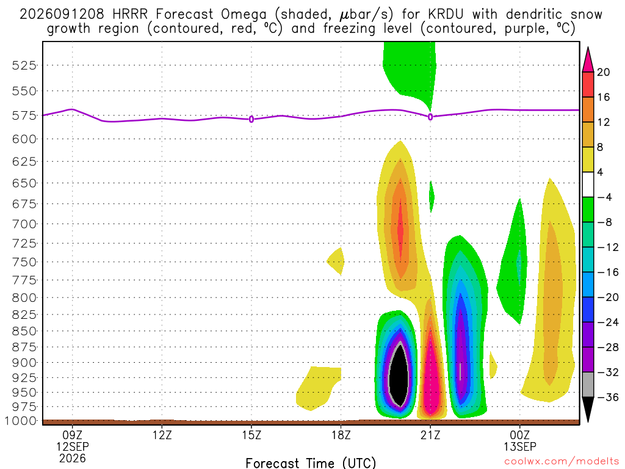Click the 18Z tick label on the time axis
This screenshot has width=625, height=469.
(341, 435)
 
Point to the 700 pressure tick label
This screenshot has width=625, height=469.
(24, 224)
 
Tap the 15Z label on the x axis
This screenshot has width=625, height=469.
(251, 435)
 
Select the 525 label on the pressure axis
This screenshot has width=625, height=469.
(24, 65)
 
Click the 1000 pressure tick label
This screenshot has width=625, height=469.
(21, 421)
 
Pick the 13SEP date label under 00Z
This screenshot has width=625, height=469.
(520, 446)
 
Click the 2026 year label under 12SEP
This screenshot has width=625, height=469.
(73, 459)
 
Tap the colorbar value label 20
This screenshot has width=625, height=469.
(603, 72)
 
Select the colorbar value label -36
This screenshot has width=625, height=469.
(608, 397)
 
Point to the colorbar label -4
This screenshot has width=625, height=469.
(605, 197)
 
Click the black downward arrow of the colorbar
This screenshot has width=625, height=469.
(588, 409)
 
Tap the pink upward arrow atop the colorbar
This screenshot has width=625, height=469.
(588, 60)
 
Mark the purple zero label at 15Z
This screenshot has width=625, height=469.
(251, 119)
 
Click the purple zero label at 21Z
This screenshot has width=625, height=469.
(430, 117)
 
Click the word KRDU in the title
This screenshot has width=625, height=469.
(446, 15)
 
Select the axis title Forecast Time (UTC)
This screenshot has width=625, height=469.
(311, 463)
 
